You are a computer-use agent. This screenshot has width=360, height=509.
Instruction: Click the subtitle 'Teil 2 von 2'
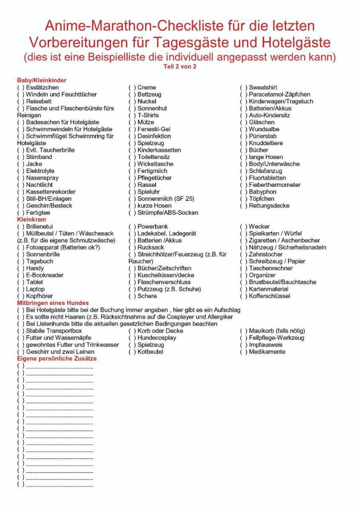180,66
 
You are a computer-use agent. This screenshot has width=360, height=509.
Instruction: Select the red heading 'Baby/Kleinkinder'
42,80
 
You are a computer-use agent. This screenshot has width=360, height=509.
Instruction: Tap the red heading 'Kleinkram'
31,219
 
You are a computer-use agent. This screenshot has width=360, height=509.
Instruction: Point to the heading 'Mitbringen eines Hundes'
53,303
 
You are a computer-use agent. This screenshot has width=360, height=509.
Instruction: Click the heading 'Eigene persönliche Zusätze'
57,358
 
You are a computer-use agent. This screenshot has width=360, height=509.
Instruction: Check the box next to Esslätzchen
21,87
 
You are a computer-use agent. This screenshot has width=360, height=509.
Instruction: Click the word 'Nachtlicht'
40,185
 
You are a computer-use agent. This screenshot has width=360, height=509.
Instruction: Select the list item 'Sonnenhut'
152,108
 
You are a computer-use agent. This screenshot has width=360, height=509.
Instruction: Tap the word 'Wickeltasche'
156,164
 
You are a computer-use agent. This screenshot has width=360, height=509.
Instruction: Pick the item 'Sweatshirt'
263,87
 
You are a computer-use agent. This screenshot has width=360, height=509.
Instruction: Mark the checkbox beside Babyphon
244,192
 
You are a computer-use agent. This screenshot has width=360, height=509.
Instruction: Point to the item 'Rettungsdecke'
269,206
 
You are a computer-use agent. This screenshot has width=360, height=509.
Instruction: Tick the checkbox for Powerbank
132,227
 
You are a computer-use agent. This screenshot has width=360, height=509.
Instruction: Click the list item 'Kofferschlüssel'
270,296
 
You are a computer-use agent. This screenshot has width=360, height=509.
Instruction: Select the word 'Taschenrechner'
270,268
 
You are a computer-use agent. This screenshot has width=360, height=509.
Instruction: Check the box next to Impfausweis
244,345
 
